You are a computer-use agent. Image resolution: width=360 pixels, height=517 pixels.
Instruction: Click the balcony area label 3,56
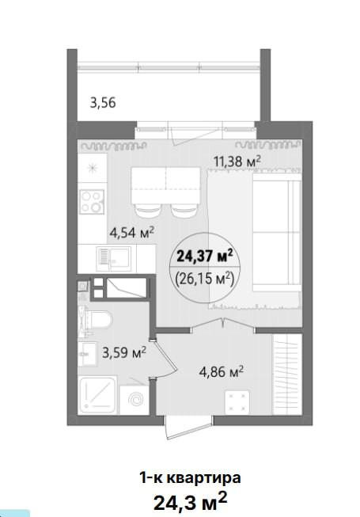[103, 103]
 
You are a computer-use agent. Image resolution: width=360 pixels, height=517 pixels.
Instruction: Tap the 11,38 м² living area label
[237, 162]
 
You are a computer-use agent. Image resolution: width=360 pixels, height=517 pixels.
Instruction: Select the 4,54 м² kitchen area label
[132, 233]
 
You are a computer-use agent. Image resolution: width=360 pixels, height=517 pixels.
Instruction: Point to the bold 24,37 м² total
[205, 256]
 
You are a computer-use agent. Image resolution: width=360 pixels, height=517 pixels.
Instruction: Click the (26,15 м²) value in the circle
[205, 280]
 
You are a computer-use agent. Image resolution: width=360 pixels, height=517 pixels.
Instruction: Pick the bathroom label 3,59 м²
[124, 353]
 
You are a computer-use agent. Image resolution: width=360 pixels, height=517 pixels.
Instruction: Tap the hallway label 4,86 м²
[222, 371]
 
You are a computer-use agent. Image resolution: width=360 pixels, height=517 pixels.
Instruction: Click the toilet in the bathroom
[97, 320]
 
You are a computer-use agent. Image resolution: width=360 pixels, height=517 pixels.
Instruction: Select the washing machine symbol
[135, 400]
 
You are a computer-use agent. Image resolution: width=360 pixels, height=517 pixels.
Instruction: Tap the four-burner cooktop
[92, 202]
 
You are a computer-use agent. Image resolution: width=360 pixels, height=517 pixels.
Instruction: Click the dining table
[166, 185]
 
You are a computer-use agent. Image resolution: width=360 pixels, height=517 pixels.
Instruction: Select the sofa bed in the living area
[277, 233]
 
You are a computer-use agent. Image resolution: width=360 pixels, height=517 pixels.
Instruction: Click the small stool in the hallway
[237, 402]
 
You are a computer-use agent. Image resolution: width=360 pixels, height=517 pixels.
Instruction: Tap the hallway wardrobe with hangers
[287, 374]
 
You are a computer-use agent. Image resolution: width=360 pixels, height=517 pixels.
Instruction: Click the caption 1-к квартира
[190, 477]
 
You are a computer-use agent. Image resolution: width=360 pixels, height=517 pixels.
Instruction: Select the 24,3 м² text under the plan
[190, 501]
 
